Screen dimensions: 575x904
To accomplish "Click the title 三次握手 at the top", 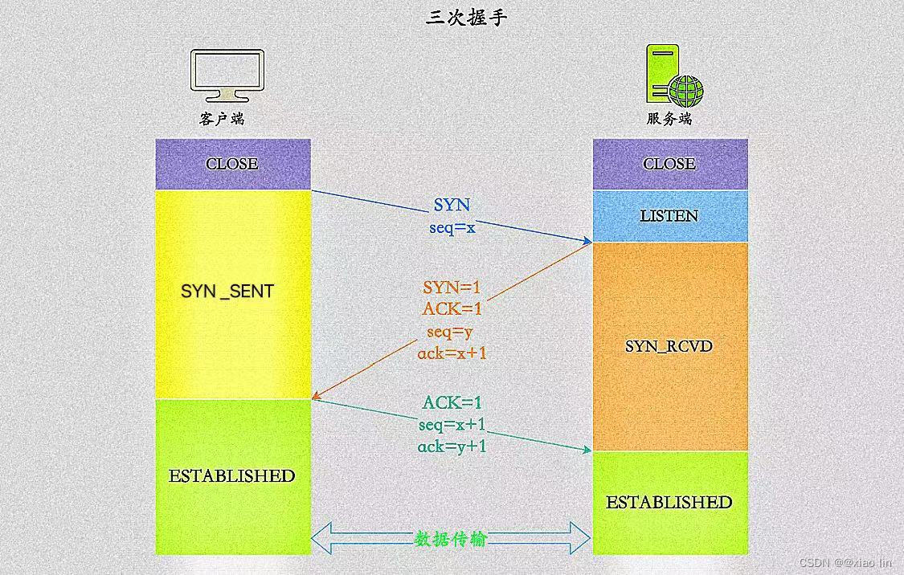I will pyautogui.click(x=467, y=18).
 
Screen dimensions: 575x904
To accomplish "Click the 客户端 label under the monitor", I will pyautogui.click(x=222, y=119).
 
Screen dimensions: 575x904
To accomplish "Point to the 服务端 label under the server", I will pyautogui.click(x=669, y=119).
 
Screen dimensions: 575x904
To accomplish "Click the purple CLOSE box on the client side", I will pyautogui.click(x=232, y=164).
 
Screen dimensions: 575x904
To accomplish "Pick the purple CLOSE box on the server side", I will pyautogui.click(x=669, y=164).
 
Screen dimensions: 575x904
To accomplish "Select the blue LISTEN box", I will pyautogui.click(x=669, y=216).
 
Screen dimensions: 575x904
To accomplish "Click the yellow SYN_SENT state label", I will pyautogui.click(x=227, y=291).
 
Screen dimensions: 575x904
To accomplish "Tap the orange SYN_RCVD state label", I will pyautogui.click(x=669, y=347).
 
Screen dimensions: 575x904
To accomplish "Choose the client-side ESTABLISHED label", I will pyautogui.click(x=232, y=475).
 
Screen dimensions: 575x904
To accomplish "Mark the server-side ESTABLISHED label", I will pyautogui.click(x=669, y=503).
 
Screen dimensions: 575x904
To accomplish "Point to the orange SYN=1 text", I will pyautogui.click(x=452, y=287).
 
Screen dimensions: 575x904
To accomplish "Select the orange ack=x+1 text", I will pyautogui.click(x=452, y=353).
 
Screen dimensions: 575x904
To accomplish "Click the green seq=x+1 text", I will pyautogui.click(x=452, y=425).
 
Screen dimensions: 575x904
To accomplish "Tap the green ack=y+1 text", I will pyautogui.click(x=452, y=447).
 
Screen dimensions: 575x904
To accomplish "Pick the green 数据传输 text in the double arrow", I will pyautogui.click(x=451, y=539).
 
